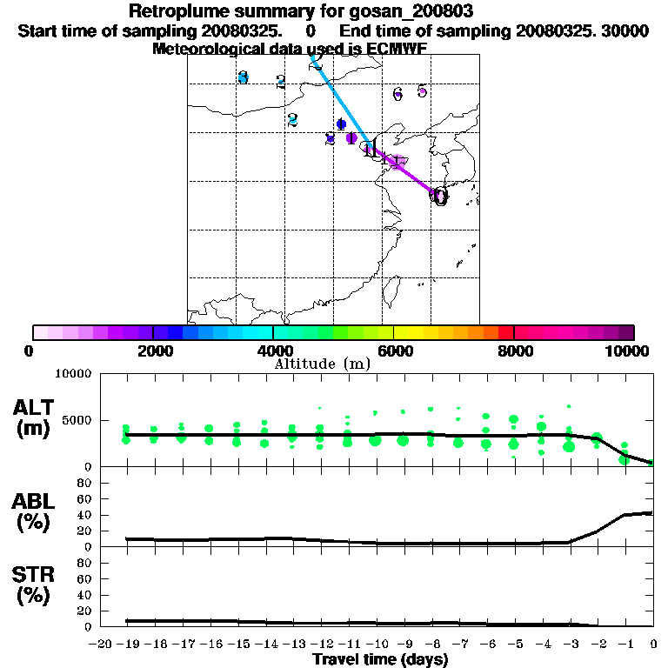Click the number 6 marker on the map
click(397, 94)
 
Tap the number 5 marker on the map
click(422, 90)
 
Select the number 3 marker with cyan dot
click(244, 77)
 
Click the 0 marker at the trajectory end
click(440, 197)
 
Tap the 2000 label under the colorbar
click(152, 351)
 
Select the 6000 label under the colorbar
click(393, 351)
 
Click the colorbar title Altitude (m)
click(323, 364)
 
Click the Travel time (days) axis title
click(380, 660)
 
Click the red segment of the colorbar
click(505, 332)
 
